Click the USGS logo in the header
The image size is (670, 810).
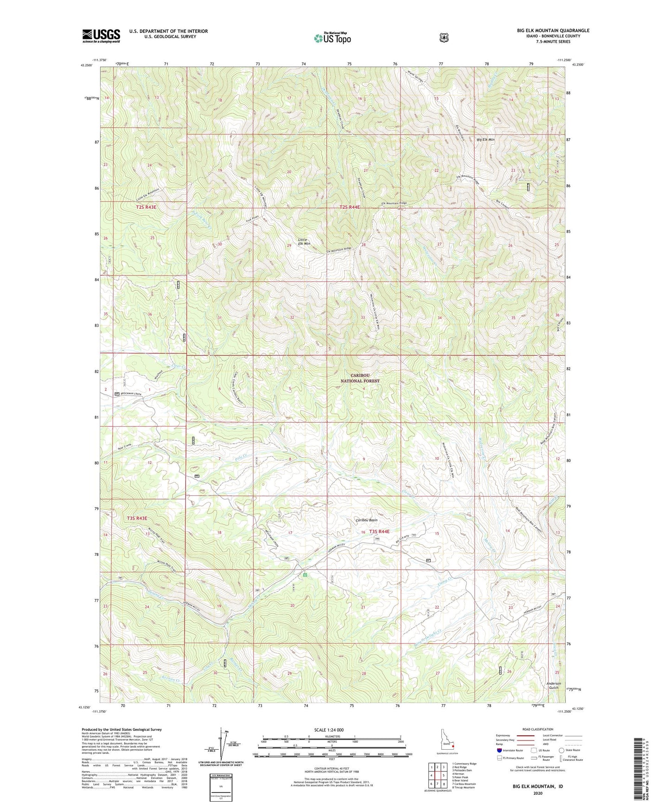tap(101, 36)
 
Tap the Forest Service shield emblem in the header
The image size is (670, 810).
tap(444, 38)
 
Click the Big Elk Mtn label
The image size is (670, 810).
tap(485, 140)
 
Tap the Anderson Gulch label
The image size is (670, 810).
tap(553, 685)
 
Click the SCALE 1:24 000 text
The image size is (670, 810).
tap(329, 730)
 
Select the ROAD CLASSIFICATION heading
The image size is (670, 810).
tap(537, 729)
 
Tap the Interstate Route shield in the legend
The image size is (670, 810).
tap(499, 750)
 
